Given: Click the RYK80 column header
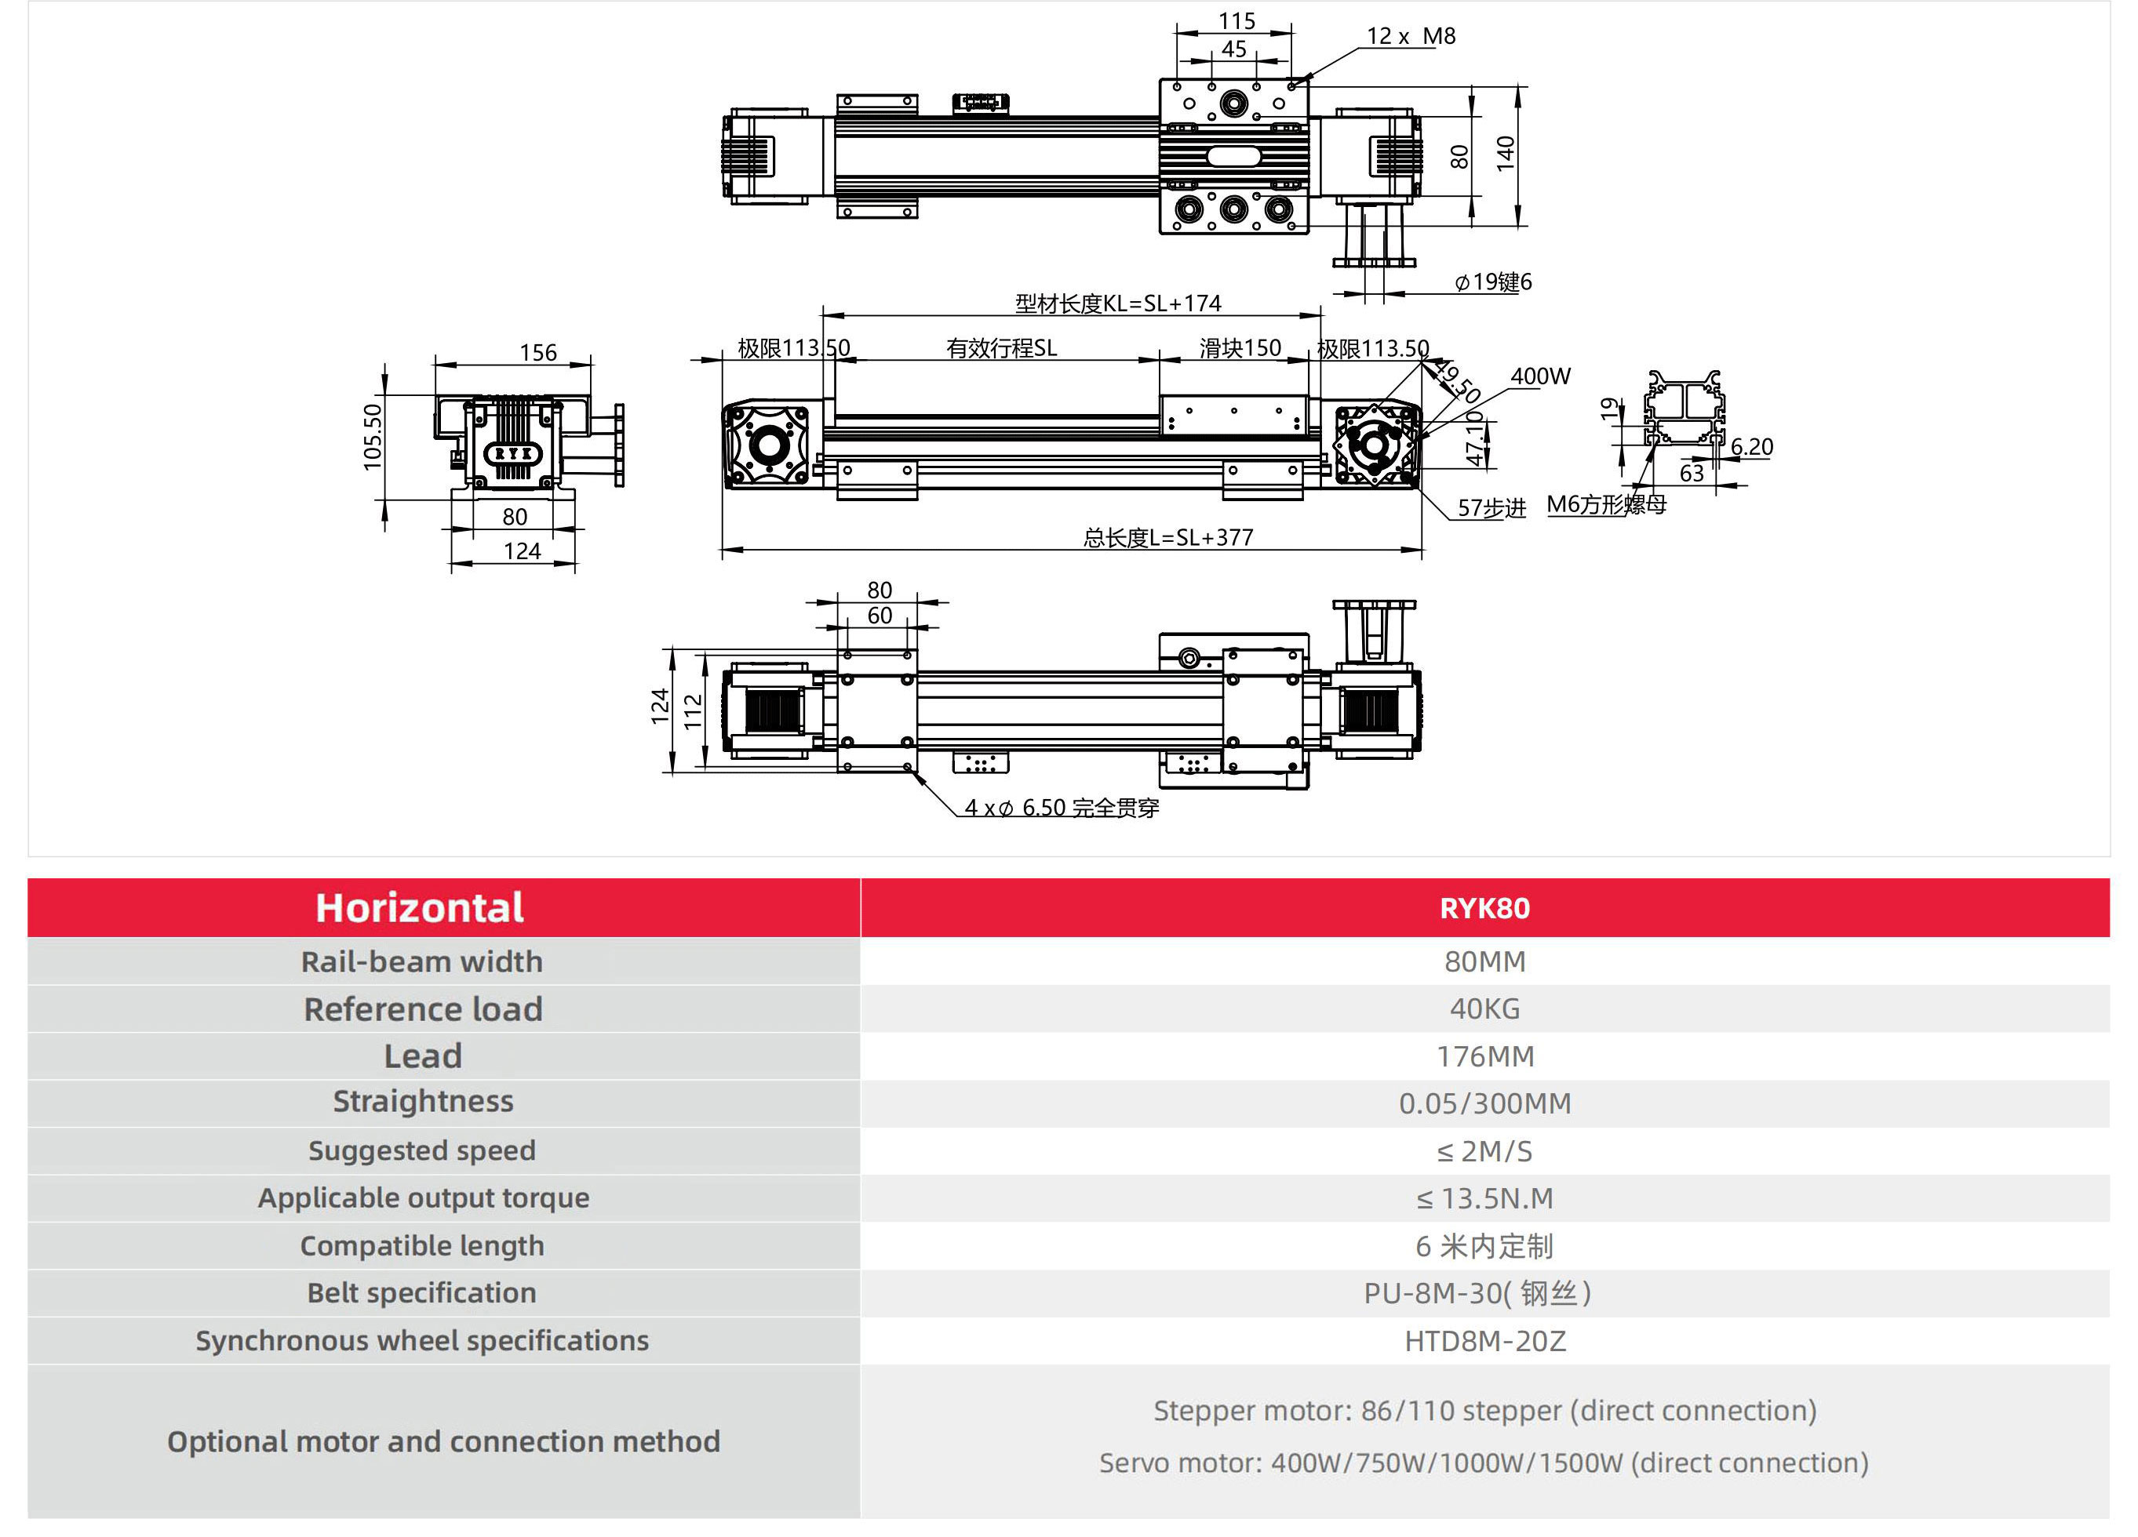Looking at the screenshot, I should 1484,907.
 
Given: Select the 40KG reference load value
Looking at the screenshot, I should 1484,1008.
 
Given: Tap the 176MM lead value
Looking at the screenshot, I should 1484,1056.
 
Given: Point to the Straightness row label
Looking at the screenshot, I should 422,1102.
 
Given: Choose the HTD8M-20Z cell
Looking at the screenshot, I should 1484,1340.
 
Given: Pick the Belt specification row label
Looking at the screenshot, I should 421,1293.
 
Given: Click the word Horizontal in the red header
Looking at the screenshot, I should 420,907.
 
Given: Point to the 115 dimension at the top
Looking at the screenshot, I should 1236,20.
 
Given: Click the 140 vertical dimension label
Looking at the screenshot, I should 1506,153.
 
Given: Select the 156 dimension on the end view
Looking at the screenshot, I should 537,352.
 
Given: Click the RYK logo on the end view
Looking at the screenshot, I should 513,453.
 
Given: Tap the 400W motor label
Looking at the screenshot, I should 1540,376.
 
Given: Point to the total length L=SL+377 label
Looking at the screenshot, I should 1168,537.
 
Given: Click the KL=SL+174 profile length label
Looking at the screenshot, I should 1118,303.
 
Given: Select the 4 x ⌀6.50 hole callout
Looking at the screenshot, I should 1062,808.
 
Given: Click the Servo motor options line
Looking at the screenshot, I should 1484,1463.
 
